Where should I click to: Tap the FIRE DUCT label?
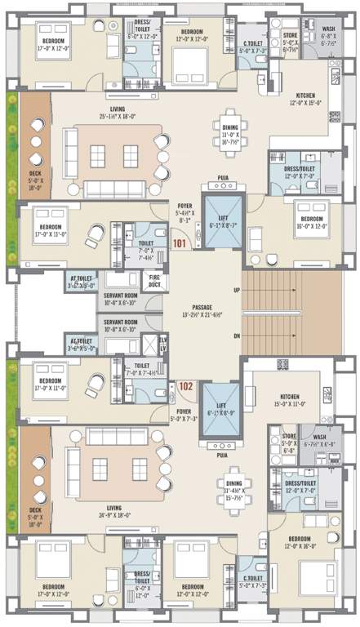[x=153, y=282]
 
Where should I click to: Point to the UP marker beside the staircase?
[x=237, y=291]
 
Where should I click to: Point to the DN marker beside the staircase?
[x=237, y=336]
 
